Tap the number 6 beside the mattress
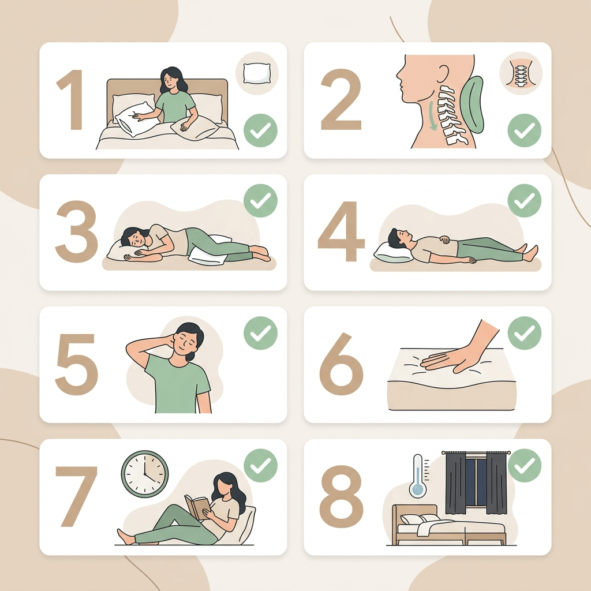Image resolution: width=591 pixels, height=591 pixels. point(342,364)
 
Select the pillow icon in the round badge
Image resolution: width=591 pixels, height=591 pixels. point(257,73)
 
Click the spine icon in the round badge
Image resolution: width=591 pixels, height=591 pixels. point(521,73)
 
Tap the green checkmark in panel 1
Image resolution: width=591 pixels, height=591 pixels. point(260,130)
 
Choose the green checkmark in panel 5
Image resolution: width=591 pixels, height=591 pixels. point(260,333)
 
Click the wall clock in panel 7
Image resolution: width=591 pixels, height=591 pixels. point(145,473)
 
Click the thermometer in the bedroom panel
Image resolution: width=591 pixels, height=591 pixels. point(418,476)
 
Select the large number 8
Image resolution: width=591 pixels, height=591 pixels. point(341,496)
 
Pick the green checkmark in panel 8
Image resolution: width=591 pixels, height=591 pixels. point(525,466)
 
